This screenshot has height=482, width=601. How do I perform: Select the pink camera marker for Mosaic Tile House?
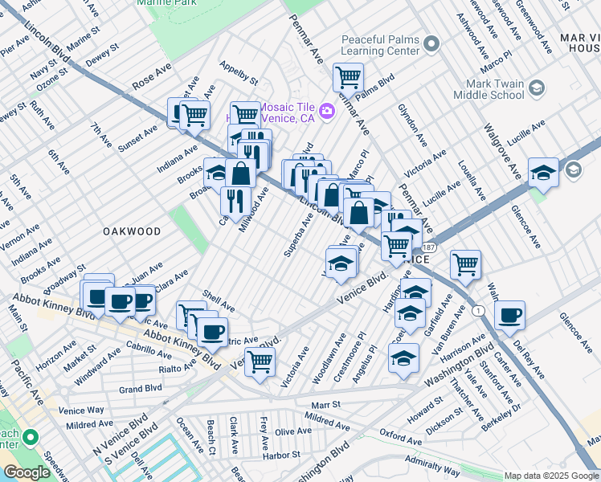[327, 110]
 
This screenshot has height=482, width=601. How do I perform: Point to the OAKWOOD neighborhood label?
[132, 231]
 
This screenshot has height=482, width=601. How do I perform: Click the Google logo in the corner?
[26, 472]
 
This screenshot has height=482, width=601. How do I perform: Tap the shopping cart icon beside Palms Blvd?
[348, 78]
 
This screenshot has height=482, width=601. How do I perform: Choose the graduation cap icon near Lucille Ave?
[543, 173]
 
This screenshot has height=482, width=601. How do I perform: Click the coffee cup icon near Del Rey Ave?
[509, 316]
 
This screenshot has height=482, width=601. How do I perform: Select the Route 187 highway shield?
[431, 248]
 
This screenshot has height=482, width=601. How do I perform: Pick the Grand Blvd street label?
[141, 389]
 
